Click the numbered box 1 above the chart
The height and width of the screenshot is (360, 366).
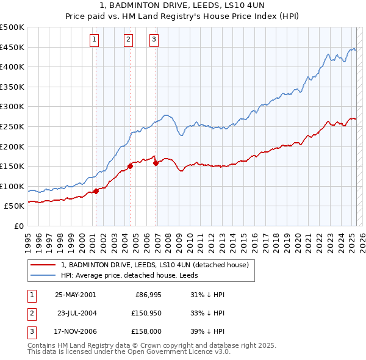click(x=95, y=40)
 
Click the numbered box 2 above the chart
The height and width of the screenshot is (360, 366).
click(x=129, y=40)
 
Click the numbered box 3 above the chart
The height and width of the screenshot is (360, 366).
click(x=154, y=40)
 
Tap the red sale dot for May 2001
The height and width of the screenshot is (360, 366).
click(x=96, y=191)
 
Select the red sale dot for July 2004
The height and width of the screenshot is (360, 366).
click(x=131, y=165)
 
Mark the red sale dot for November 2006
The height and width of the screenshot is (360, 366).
click(x=156, y=163)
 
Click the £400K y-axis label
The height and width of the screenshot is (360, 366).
click(x=12, y=67)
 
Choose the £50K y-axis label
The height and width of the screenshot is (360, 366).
click(x=14, y=206)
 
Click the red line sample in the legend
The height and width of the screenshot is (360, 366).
click(x=43, y=265)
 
